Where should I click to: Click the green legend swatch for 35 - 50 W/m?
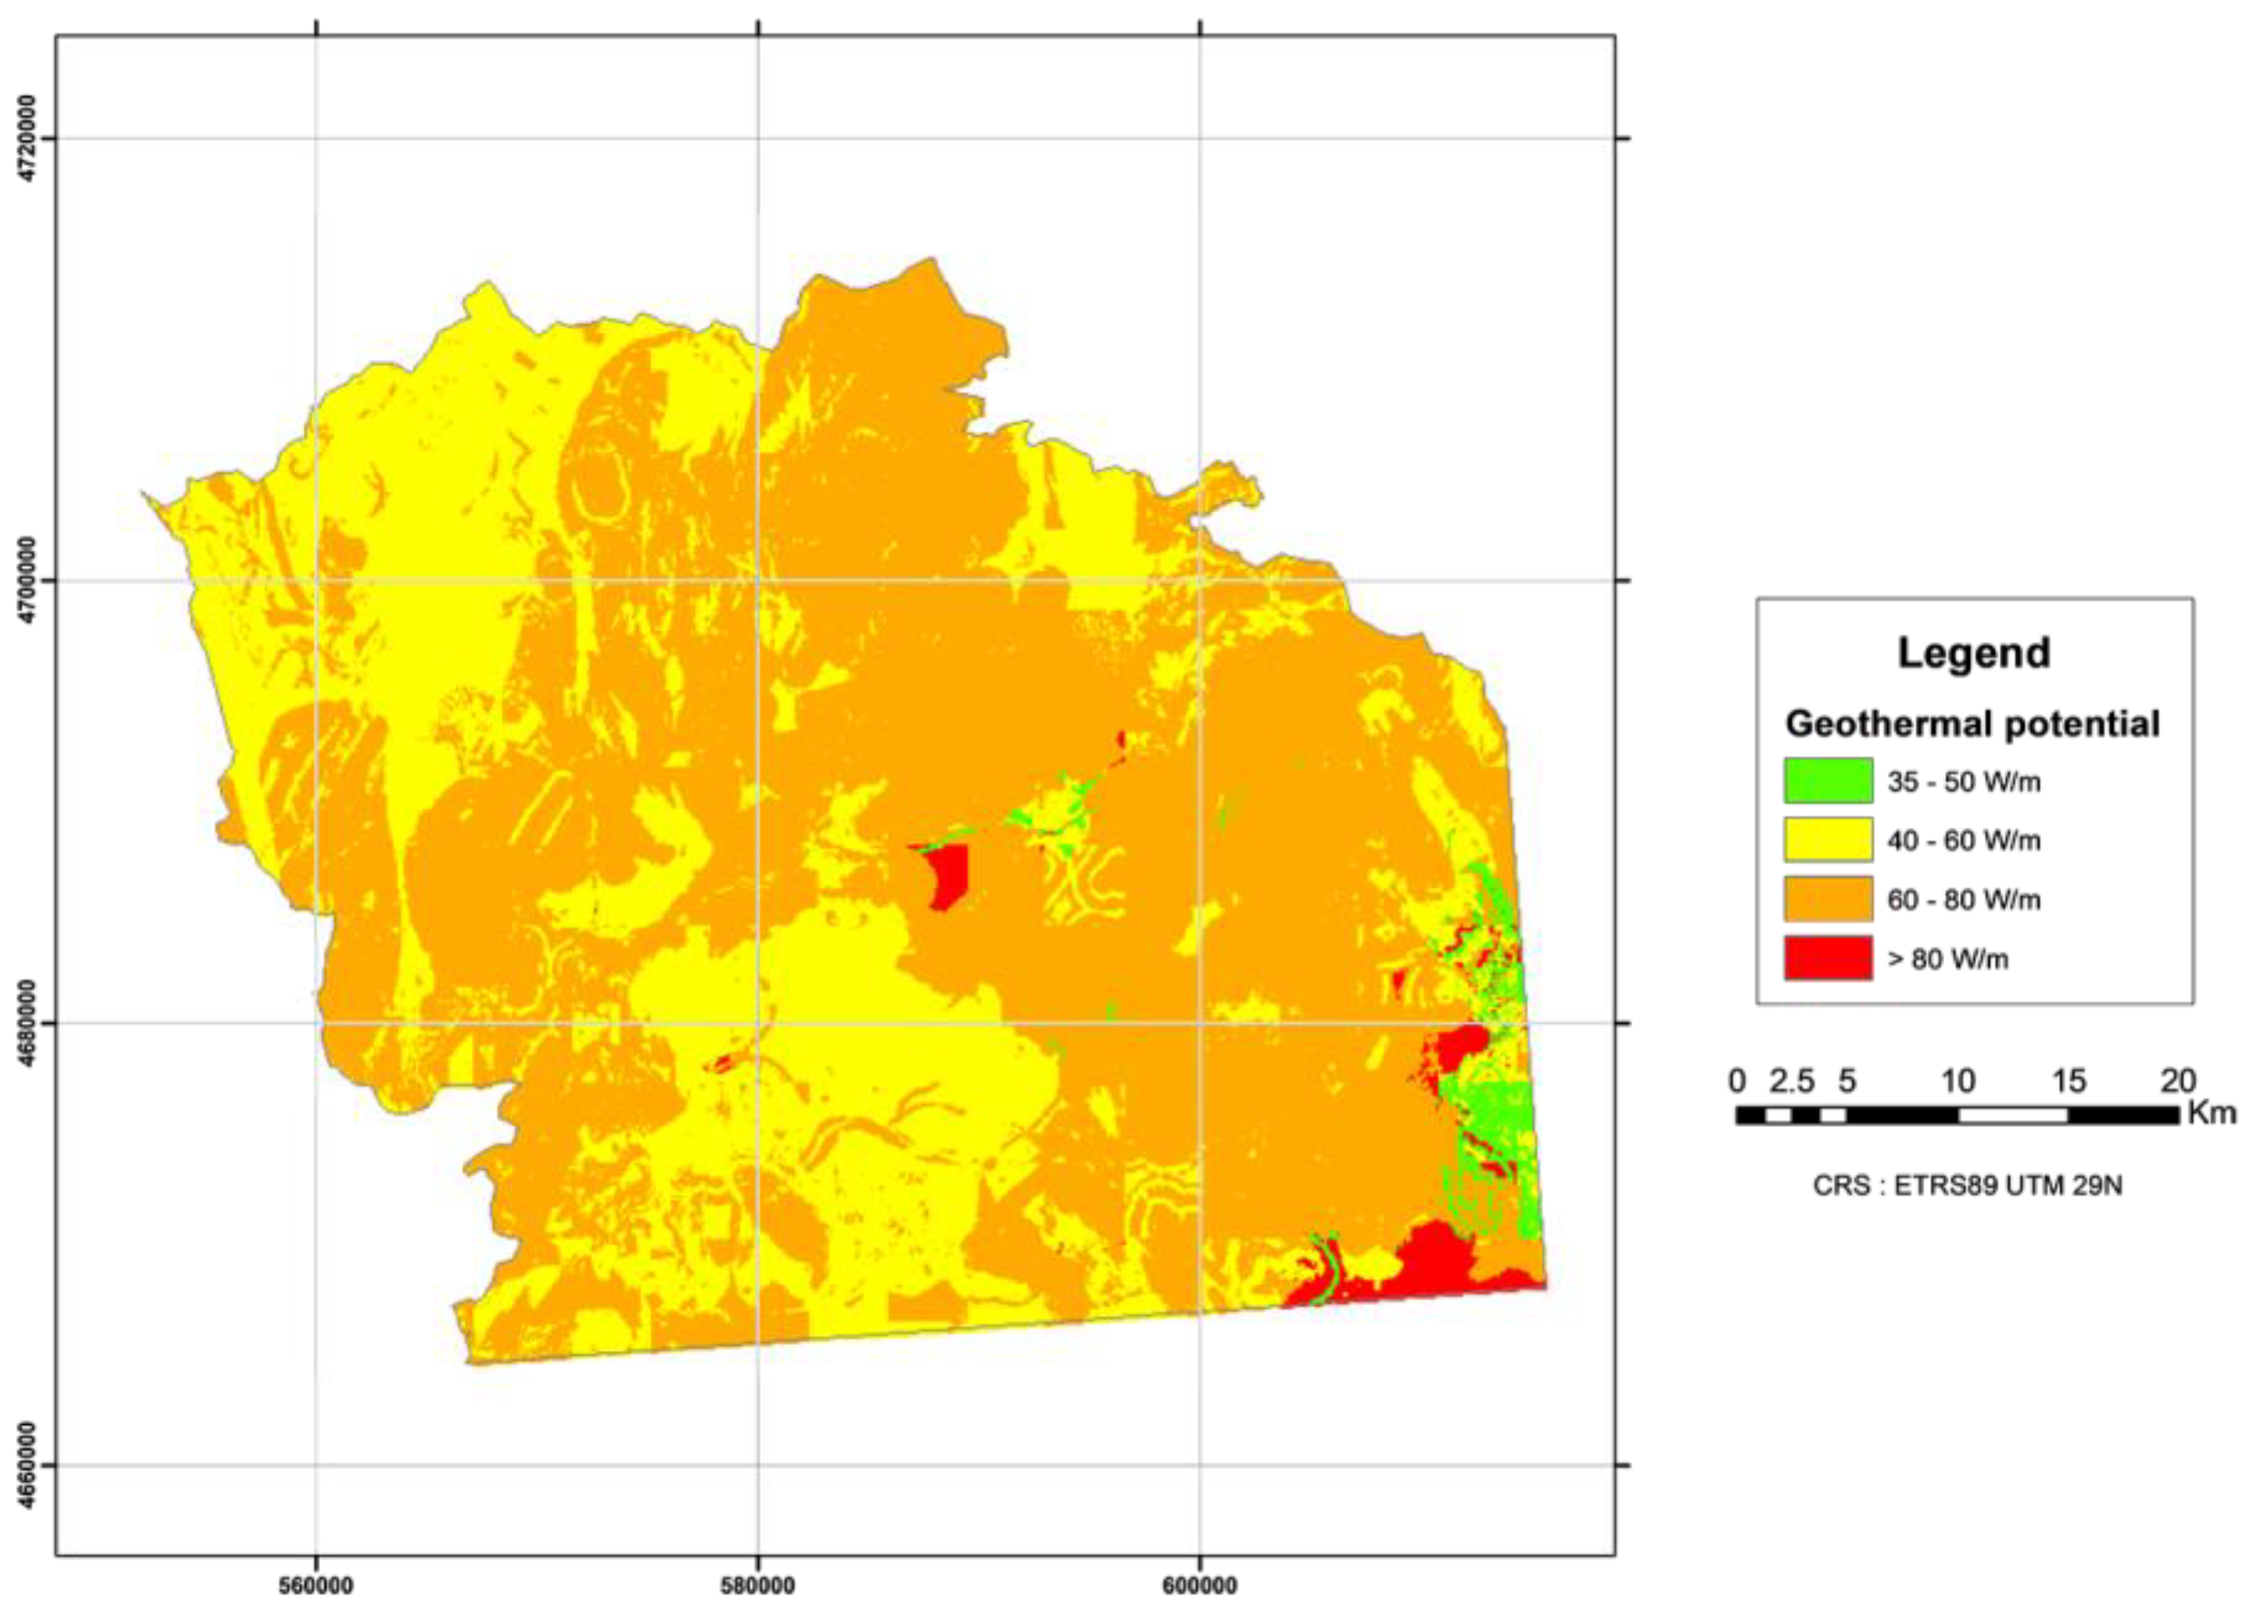pos(1828,780)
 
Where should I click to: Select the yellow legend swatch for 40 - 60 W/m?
pos(1828,839)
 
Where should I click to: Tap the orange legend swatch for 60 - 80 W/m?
pos(1828,899)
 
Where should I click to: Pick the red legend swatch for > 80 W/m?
pos(1828,958)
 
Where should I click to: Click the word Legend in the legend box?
pos(1974,653)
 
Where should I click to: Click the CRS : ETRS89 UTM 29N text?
pos(1967,1185)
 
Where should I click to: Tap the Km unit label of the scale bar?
pos(2212,1114)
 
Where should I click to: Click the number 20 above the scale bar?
pos(2177,1080)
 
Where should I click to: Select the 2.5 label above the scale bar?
pos(1792,1080)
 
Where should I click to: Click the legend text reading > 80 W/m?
pos(1948,959)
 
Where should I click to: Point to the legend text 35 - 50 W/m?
pos(1963,781)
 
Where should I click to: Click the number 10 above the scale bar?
pos(1957,1080)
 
